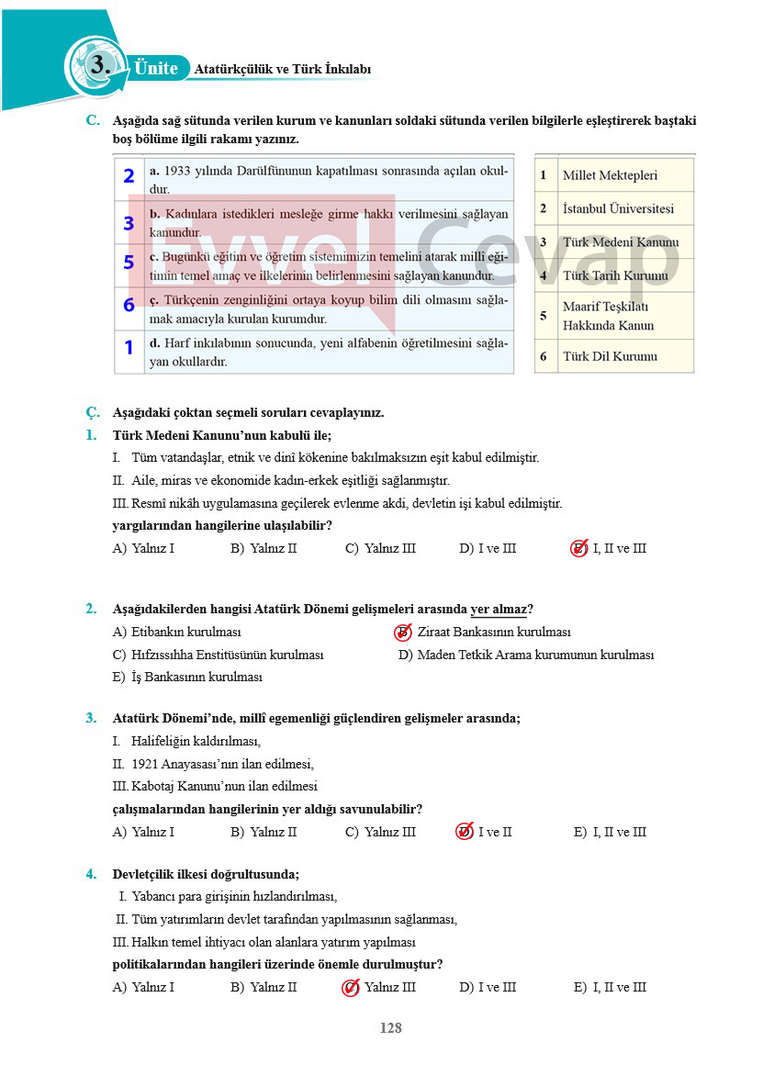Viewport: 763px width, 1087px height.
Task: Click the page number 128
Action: pyautogui.click(x=390, y=1028)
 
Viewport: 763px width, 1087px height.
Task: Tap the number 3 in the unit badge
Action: pyautogui.click(x=99, y=65)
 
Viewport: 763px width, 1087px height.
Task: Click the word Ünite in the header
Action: pyautogui.click(x=155, y=68)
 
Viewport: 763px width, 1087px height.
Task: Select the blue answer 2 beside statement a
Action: pyautogui.click(x=129, y=176)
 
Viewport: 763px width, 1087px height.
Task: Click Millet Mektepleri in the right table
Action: pyautogui.click(x=610, y=175)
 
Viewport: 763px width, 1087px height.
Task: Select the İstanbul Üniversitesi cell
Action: pyautogui.click(x=618, y=208)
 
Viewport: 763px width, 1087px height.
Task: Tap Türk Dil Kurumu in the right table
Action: pyautogui.click(x=610, y=356)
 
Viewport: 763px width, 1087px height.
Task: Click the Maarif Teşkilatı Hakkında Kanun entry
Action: pyautogui.click(x=608, y=316)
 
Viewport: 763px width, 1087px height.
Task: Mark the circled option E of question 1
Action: pyautogui.click(x=579, y=548)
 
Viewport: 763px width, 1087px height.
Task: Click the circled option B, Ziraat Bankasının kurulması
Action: pyautogui.click(x=403, y=632)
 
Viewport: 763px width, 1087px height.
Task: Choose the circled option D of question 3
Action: pyautogui.click(x=465, y=832)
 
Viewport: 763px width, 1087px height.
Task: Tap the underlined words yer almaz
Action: pyautogui.click(x=499, y=609)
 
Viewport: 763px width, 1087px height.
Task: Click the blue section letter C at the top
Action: pyautogui.click(x=92, y=120)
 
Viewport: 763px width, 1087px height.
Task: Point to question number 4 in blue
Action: pyautogui.click(x=91, y=874)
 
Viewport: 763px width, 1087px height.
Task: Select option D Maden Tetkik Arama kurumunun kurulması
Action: pyautogui.click(x=526, y=655)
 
